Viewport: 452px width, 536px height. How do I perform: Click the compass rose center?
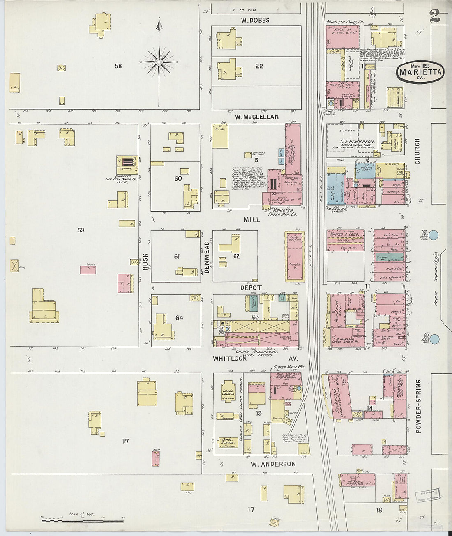pyautogui.click(x=159, y=62)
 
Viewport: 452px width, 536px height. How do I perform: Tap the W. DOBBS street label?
pyautogui.click(x=255, y=20)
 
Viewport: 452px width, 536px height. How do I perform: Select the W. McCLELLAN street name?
pyautogui.click(x=257, y=117)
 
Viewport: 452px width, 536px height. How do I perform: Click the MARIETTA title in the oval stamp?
pyautogui.click(x=420, y=73)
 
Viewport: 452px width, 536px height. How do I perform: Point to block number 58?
pyautogui.click(x=118, y=66)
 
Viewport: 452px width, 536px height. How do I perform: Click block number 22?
pyautogui.click(x=259, y=66)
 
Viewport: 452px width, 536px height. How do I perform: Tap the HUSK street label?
pyautogui.click(x=145, y=261)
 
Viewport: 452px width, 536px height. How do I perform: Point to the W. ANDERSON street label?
pyautogui.click(x=273, y=464)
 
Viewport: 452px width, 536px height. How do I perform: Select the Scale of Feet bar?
pyautogui.click(x=82, y=521)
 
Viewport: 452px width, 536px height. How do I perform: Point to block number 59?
pyautogui.click(x=81, y=230)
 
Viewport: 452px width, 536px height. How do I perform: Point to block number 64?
pyautogui.click(x=179, y=317)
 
